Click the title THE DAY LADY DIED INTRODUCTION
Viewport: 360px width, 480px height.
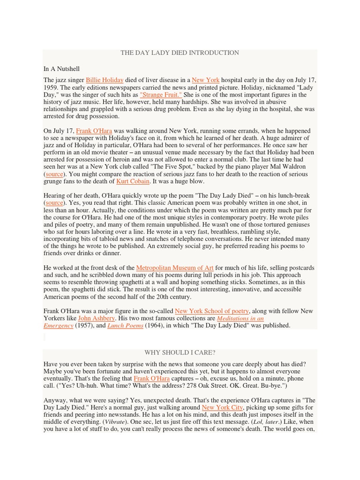180,53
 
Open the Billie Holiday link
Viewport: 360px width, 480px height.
105,80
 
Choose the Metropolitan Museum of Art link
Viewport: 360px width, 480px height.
175,268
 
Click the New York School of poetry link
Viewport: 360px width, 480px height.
212,311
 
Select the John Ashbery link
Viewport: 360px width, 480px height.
96,318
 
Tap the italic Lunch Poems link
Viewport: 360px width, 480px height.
125,325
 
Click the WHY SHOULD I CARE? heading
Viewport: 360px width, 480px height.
180,352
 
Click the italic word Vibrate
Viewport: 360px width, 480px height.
114,422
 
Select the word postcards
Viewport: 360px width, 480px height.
300,268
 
